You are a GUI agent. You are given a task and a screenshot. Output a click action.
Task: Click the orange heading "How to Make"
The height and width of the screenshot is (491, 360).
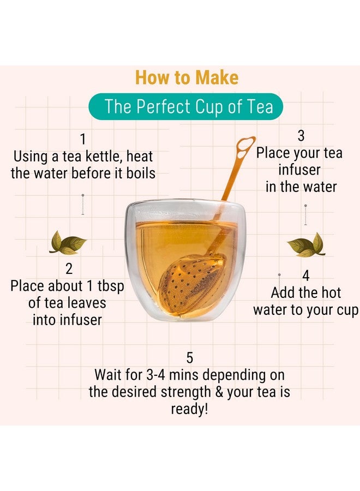coord(187,77)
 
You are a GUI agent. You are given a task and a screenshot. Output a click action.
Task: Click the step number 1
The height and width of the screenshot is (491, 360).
coord(83,139)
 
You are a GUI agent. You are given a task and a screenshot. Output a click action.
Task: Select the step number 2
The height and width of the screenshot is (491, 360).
coord(69,268)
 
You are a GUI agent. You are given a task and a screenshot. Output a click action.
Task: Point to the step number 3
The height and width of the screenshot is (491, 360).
coord(301,135)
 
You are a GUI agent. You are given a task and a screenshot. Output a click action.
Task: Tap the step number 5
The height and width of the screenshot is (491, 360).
coord(189,358)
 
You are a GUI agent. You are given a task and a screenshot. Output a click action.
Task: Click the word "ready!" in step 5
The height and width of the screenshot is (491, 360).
coord(189,409)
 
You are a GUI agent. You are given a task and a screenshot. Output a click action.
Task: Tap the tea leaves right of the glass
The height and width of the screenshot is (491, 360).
coord(306,245)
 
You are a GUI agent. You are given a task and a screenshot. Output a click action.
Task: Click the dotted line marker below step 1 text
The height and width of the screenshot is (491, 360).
coord(82,205)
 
